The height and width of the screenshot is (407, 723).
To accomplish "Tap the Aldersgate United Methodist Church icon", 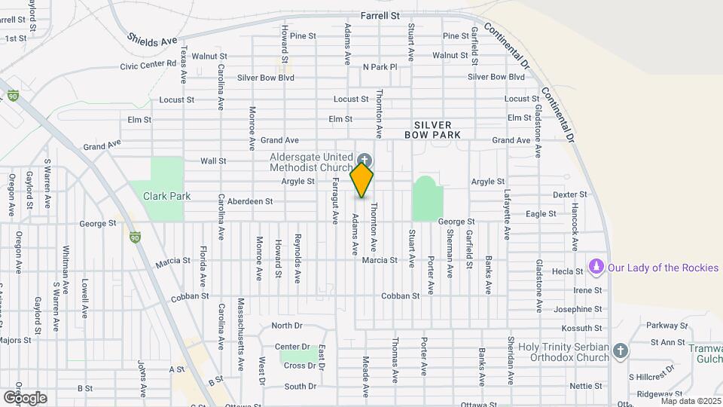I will point(365,159).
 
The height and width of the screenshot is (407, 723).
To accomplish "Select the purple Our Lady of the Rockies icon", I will point(596,267).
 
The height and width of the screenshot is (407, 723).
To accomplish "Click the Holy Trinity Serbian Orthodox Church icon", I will point(620,350).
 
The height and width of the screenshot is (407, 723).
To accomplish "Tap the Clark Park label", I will point(167,196).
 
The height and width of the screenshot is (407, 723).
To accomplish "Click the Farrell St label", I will point(380,15).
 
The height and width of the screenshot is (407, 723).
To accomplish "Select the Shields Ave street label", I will point(151,40).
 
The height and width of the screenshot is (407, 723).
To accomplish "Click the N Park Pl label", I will point(380,67).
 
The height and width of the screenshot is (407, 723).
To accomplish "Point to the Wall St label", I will point(213,161).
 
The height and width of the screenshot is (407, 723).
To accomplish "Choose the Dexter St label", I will point(569,194).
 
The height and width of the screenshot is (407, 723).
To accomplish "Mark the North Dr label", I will point(286,326).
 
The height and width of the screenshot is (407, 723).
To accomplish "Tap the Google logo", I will point(24,397).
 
